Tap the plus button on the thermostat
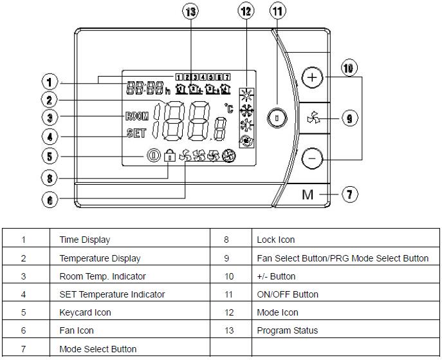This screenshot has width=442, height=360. click(312, 79)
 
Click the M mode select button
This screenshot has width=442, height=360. click(308, 194)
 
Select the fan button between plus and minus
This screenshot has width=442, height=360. click(312, 118)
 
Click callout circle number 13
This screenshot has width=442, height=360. click(191, 12)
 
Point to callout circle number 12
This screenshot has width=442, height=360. click(246, 12)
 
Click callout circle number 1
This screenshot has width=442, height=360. click(50, 82)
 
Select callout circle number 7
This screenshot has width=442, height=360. click(348, 194)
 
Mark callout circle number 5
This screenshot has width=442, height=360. click(50, 155)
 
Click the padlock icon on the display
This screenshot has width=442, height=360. click(170, 155)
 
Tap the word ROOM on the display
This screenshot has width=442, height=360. click(136, 117)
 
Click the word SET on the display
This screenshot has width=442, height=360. click(136, 134)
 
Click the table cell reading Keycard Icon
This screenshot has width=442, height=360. click(86, 312)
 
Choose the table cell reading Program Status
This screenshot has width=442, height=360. click(287, 330)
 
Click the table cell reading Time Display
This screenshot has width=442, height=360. click(85, 240)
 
